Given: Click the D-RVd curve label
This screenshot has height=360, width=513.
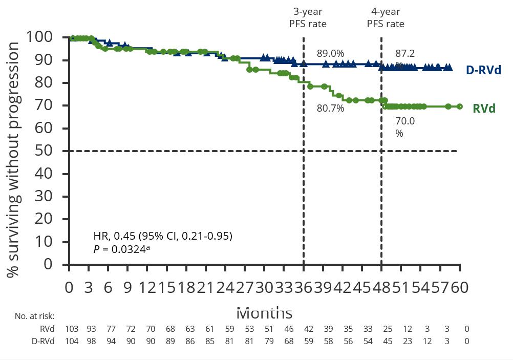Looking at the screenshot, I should click(x=483, y=70).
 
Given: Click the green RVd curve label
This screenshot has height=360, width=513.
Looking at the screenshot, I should click(x=484, y=109).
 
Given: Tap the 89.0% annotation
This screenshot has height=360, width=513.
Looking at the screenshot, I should click(x=330, y=53).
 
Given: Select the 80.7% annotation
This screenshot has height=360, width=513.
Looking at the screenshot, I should click(x=330, y=108).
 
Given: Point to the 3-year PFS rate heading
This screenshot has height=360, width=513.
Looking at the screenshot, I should click(x=308, y=17).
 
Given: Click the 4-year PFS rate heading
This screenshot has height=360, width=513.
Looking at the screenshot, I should click(x=386, y=17).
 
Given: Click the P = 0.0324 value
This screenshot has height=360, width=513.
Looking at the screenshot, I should click(x=121, y=249).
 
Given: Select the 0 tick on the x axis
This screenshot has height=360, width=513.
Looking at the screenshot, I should click(x=69, y=288).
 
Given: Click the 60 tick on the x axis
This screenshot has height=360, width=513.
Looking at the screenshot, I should click(x=459, y=288).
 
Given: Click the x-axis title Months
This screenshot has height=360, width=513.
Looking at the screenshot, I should click(x=264, y=312).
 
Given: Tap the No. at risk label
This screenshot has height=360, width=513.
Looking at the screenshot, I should click(x=34, y=316).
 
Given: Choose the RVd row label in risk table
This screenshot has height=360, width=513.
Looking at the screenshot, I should click(x=47, y=329).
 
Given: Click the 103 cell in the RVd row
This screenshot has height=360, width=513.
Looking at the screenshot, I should click(x=72, y=329).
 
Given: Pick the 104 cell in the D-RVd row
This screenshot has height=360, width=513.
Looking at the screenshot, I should click(x=72, y=341).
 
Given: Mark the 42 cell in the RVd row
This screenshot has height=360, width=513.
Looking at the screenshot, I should click(x=308, y=329).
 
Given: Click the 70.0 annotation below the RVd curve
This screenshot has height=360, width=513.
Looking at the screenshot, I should click(x=404, y=121).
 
